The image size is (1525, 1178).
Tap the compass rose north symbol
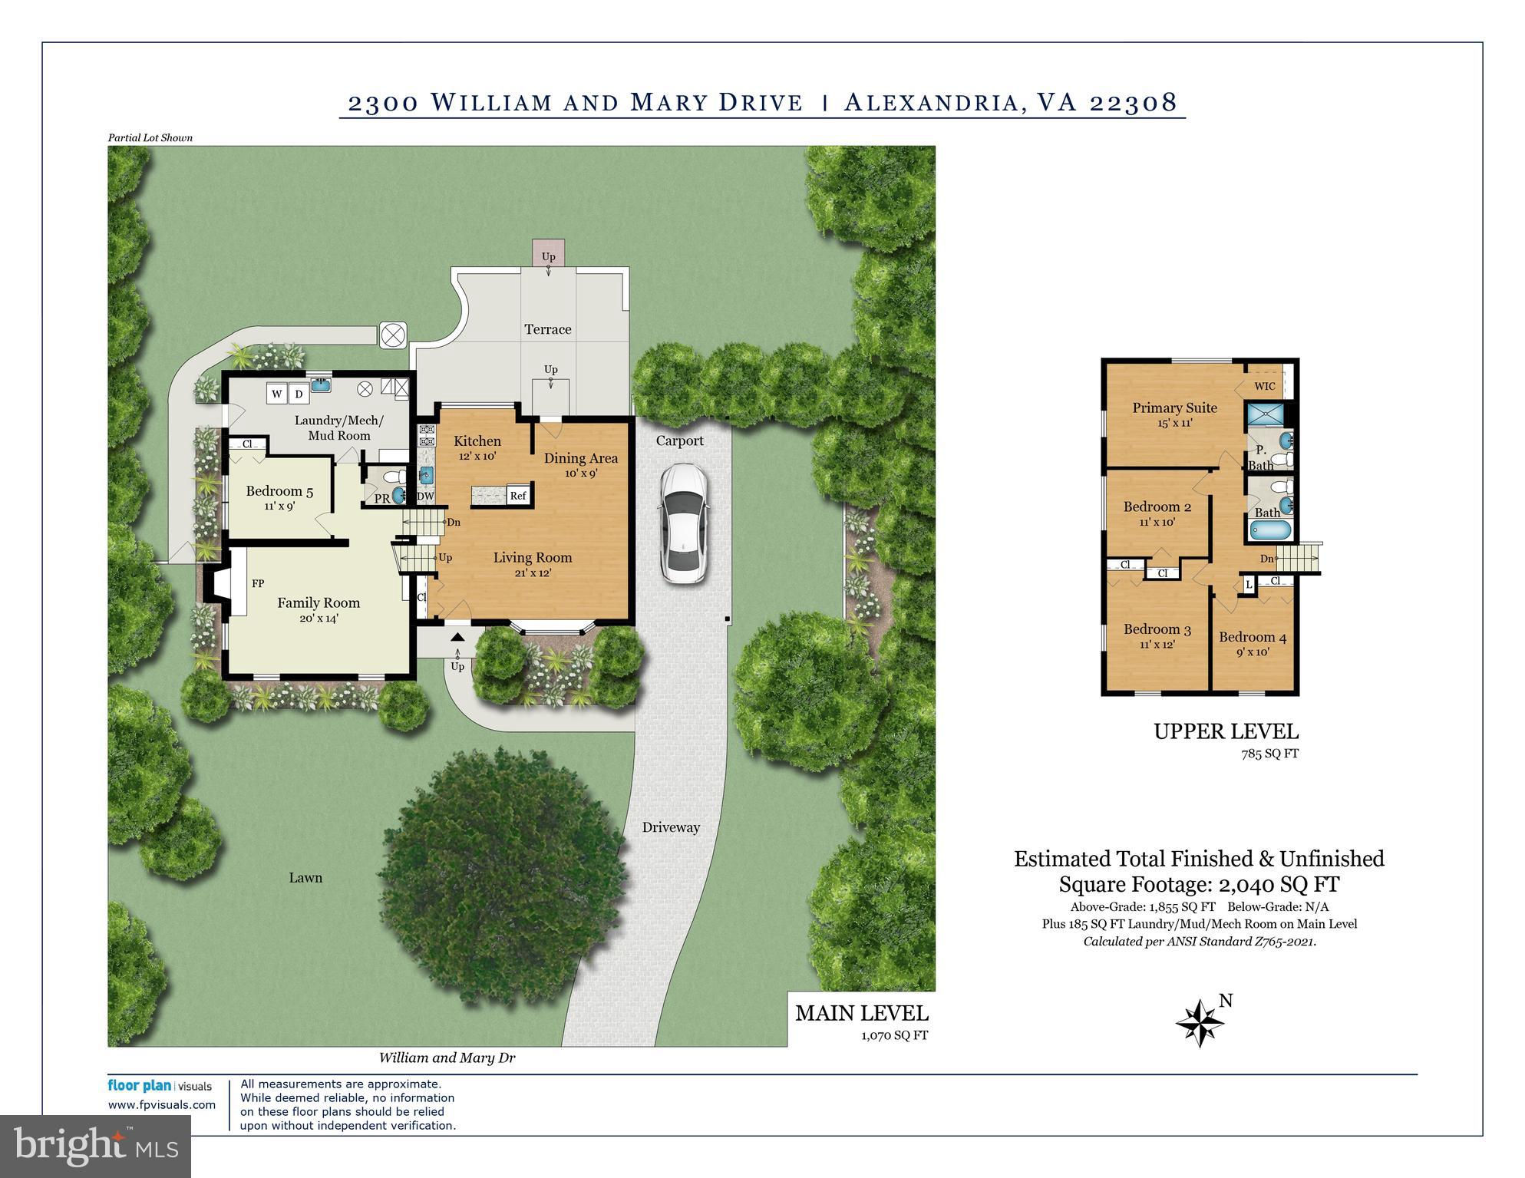pyautogui.click(x=1200, y=1024)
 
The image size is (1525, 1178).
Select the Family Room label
pyautogui.click(x=319, y=603)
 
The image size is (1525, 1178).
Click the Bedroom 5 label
pyautogui.click(x=279, y=491)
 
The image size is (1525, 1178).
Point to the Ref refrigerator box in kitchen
pyautogui.click(x=518, y=496)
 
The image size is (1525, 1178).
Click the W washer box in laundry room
pyautogui.click(x=276, y=394)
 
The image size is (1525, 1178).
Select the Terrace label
pyautogui.click(x=548, y=329)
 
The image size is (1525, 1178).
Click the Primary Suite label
pyautogui.click(x=1174, y=408)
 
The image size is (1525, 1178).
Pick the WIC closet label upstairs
pyautogui.click(x=1265, y=386)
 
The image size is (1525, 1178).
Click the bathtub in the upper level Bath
pyautogui.click(x=1269, y=530)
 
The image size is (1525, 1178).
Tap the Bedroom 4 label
pyautogui.click(x=1253, y=637)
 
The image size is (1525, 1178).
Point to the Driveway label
pyautogui.click(x=671, y=827)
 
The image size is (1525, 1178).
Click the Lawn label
pyautogui.click(x=305, y=877)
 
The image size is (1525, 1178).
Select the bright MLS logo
pyautogui.click(x=96, y=1146)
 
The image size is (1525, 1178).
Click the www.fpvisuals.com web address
pyautogui.click(x=162, y=1105)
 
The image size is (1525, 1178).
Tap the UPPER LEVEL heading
pyautogui.click(x=1226, y=731)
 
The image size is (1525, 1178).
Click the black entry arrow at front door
pyautogui.click(x=457, y=636)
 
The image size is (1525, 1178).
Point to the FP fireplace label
pyautogui.click(x=258, y=584)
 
